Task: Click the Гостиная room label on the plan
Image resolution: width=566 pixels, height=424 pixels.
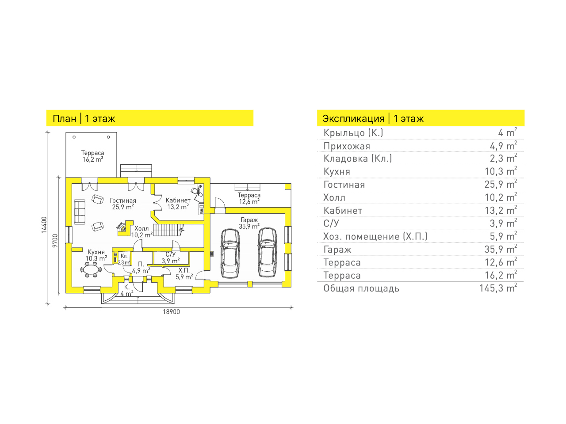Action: [x=123, y=201]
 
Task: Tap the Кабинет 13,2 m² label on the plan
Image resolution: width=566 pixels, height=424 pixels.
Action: [x=178, y=204]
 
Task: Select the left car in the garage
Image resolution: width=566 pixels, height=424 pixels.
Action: [x=230, y=254]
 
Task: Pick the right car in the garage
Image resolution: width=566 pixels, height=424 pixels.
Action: [x=268, y=253]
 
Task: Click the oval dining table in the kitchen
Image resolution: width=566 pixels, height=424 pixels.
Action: [x=91, y=270]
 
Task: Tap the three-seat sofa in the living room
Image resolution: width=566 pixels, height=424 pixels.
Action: [x=80, y=212]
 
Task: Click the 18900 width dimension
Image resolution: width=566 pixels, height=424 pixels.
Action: [x=171, y=312]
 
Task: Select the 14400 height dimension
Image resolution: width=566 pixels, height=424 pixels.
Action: [x=44, y=225]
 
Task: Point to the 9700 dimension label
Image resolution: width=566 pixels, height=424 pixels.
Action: [x=55, y=241]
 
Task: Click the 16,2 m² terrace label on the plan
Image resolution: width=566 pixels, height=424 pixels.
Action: [x=93, y=159]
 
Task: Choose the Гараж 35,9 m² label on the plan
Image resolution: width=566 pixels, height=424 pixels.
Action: [x=249, y=223]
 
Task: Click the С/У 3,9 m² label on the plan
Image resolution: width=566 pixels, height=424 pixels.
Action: [x=170, y=257]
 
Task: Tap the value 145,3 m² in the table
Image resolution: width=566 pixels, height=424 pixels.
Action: [x=498, y=288]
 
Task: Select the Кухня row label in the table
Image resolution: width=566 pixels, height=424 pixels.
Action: [x=337, y=171]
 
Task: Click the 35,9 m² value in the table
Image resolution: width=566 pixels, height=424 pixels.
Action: [x=501, y=249]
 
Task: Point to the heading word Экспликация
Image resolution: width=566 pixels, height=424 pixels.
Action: [x=353, y=119]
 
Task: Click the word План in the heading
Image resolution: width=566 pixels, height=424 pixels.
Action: [x=65, y=119]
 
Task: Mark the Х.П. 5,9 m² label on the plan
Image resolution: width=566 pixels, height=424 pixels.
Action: [x=184, y=274]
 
